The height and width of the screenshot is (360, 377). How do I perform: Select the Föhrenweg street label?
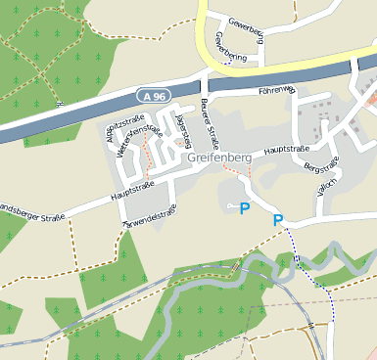pyautogui.click(x=275, y=90)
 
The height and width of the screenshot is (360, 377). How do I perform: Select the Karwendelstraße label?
pyautogui.click(x=148, y=218)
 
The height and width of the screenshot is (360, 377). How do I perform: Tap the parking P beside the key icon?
pyautogui.click(x=245, y=207)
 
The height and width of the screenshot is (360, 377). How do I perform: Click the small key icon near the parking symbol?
pyautogui.click(x=231, y=206)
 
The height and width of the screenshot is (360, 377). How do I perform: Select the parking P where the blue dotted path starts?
pyautogui.click(x=278, y=220)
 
